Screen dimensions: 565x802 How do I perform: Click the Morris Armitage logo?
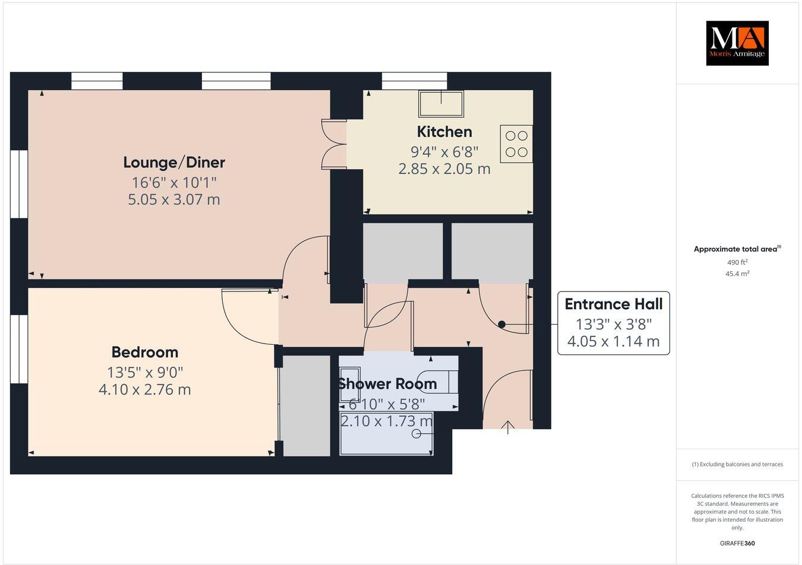click(737, 43)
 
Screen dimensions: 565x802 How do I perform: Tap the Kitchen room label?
click(444, 132)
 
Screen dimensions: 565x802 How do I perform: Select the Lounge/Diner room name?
click(174, 162)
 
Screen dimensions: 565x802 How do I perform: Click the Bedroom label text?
click(145, 353)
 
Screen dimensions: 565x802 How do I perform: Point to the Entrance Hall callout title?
click(613, 304)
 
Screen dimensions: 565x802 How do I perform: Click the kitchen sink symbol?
click(441, 103)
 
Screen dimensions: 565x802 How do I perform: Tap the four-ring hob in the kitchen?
click(516, 144)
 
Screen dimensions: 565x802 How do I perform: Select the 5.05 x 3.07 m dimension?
click(174, 199)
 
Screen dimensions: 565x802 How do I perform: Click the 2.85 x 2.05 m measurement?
click(444, 169)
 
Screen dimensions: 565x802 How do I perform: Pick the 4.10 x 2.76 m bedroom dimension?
click(145, 390)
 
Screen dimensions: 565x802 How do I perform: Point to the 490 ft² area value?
click(737, 262)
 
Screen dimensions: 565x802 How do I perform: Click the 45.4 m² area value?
click(737, 274)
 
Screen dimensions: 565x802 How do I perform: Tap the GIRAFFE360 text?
click(737, 543)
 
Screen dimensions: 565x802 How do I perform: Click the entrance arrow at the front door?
click(508, 428)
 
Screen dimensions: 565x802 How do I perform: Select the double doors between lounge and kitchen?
click(333, 144)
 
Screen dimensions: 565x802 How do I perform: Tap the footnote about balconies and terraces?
click(737, 464)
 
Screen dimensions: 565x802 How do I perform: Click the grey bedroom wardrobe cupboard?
click(306, 406)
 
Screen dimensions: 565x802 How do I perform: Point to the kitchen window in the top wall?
click(414, 81)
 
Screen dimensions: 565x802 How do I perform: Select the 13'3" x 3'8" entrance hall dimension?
click(613, 324)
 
